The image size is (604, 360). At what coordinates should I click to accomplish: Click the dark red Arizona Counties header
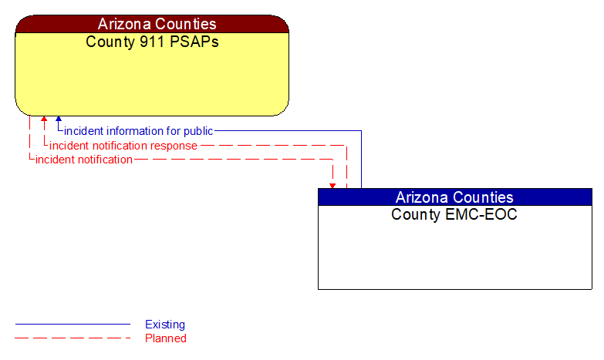(152, 24)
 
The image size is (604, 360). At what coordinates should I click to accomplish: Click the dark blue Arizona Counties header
(454, 197)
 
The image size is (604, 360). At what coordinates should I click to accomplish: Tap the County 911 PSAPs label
(152, 42)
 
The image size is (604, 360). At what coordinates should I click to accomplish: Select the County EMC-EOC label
(454, 214)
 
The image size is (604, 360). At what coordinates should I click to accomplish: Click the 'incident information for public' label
(139, 131)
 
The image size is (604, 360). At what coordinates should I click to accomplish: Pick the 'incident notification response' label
(123, 146)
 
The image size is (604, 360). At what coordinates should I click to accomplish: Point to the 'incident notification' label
(84, 160)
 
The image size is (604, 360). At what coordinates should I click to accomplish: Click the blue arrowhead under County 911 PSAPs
(58, 120)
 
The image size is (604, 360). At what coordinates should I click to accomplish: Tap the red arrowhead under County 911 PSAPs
(44, 120)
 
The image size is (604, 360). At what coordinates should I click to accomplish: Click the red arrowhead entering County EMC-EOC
(332, 185)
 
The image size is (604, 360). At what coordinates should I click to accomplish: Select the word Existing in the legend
(165, 325)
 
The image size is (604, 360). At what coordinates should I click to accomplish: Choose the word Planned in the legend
(166, 338)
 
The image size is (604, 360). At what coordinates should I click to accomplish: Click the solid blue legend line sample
(73, 325)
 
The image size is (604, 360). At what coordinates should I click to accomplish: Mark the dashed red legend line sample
(73, 338)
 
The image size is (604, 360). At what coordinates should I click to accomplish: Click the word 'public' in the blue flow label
(198, 131)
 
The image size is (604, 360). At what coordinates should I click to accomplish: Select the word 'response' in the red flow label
(174, 146)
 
